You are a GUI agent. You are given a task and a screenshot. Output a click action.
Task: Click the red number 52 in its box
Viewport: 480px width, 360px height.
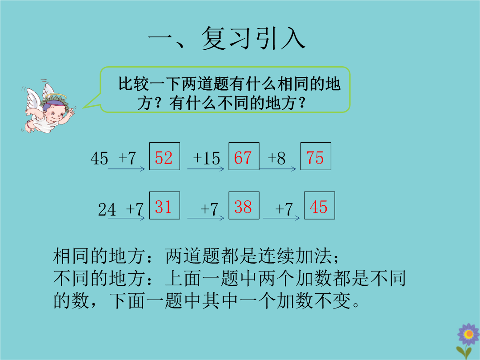point(164,158)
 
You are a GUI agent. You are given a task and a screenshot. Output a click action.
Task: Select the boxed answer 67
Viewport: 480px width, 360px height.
point(243,158)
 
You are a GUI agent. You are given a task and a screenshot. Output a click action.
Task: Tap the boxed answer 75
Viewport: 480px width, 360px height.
point(315,158)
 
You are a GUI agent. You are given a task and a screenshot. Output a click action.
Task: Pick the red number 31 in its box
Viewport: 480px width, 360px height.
point(163,207)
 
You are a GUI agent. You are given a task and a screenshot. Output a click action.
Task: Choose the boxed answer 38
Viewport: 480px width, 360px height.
point(243,207)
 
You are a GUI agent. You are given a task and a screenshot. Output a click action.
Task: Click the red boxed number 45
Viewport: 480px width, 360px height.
point(319,207)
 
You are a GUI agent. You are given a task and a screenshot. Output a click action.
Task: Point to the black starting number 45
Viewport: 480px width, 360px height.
point(99,159)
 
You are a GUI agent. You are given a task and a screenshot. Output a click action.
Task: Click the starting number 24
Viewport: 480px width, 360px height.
point(107,210)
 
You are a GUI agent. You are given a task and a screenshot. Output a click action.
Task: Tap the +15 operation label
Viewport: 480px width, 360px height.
point(206,159)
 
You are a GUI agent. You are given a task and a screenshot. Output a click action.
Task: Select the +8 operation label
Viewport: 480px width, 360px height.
point(276,159)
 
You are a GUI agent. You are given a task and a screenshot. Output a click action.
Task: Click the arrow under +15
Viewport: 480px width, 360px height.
point(206,169)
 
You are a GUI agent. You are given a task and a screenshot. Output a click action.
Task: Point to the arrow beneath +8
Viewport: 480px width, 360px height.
point(278,169)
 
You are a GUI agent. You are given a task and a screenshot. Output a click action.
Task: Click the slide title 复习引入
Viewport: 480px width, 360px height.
point(253,38)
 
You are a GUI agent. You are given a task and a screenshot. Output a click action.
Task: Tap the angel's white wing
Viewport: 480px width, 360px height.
point(34,99)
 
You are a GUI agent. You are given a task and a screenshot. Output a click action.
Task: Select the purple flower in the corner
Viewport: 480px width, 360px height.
point(468,334)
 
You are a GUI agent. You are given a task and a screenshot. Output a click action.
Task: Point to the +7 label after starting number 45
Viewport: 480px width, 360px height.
point(127,159)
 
